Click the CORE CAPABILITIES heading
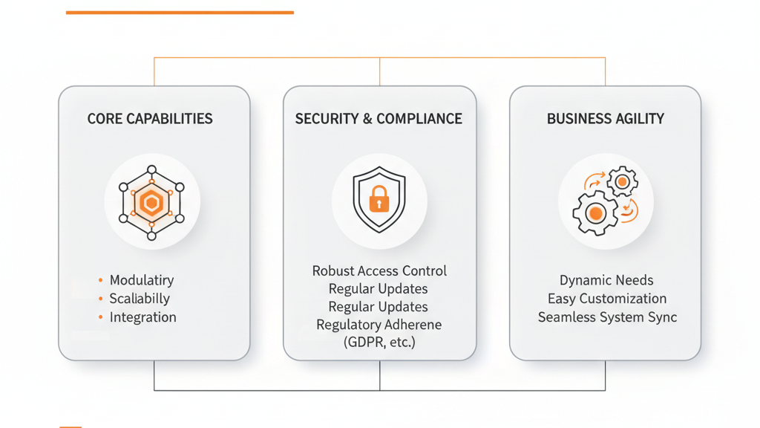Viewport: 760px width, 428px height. point(150,119)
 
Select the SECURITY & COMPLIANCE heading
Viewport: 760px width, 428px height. point(379,119)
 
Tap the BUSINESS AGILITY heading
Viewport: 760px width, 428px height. point(605,119)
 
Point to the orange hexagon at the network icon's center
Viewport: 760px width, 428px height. point(151,202)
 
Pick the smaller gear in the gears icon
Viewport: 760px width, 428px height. point(622,182)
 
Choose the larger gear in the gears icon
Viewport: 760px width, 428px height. point(594,213)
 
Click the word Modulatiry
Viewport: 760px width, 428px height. point(142,280)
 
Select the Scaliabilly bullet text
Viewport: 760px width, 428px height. point(140,299)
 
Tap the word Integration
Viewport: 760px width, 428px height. point(143,317)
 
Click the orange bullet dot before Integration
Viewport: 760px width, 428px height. point(100,317)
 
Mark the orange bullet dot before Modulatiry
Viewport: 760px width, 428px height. point(100,280)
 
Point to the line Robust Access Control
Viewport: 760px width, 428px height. point(379,271)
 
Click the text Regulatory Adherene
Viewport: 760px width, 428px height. point(379,325)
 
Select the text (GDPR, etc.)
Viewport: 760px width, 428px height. point(379,343)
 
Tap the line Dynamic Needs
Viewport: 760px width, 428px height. point(606,280)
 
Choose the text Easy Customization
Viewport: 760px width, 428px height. point(607,299)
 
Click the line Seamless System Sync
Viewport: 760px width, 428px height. point(607,317)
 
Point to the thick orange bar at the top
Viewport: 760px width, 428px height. point(180,13)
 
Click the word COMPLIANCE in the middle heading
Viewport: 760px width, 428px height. point(419,119)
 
